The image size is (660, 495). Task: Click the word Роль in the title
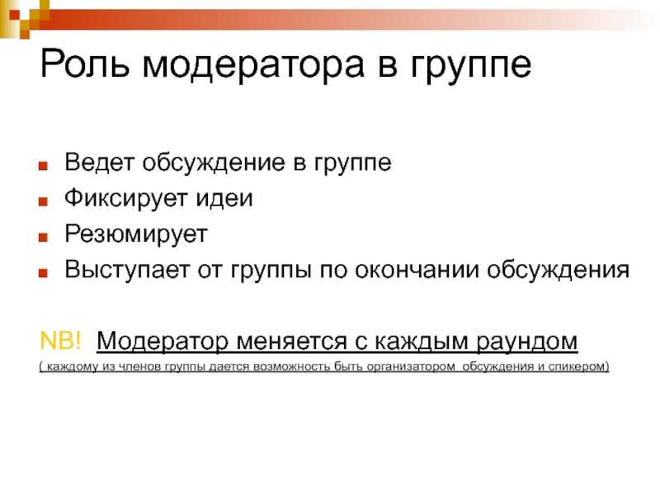[x=84, y=64]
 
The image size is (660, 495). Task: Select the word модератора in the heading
[x=253, y=67]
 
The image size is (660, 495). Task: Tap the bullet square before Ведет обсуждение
[x=43, y=166]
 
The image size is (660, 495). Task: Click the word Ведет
[x=99, y=163]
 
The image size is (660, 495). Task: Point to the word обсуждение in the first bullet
[x=214, y=163]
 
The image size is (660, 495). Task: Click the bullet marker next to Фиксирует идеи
[x=43, y=201]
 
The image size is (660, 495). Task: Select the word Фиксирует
[x=125, y=199]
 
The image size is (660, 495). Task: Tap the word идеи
[x=224, y=199]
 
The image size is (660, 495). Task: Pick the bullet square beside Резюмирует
[x=43, y=237]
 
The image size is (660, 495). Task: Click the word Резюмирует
[x=136, y=235]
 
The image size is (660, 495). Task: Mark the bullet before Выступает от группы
[x=43, y=273]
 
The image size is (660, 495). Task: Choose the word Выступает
[x=127, y=271]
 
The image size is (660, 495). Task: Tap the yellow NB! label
[x=59, y=340]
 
